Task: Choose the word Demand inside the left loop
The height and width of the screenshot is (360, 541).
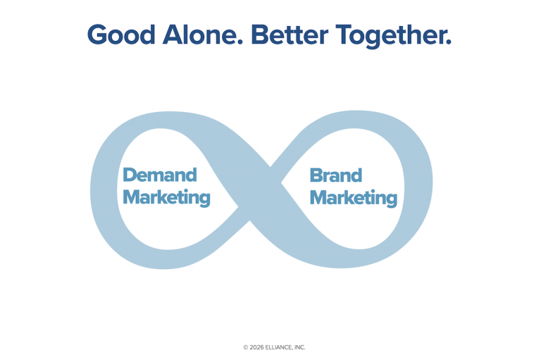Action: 159,175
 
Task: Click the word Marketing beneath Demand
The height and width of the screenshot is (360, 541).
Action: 166,197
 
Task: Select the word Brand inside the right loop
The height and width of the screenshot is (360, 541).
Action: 336,175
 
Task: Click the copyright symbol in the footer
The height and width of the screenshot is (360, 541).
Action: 246,347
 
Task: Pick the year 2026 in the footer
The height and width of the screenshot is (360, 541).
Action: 258,347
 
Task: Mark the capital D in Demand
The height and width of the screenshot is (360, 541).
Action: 129,175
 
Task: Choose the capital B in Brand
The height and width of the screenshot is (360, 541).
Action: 316,175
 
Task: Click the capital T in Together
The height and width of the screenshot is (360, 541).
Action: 342,35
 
